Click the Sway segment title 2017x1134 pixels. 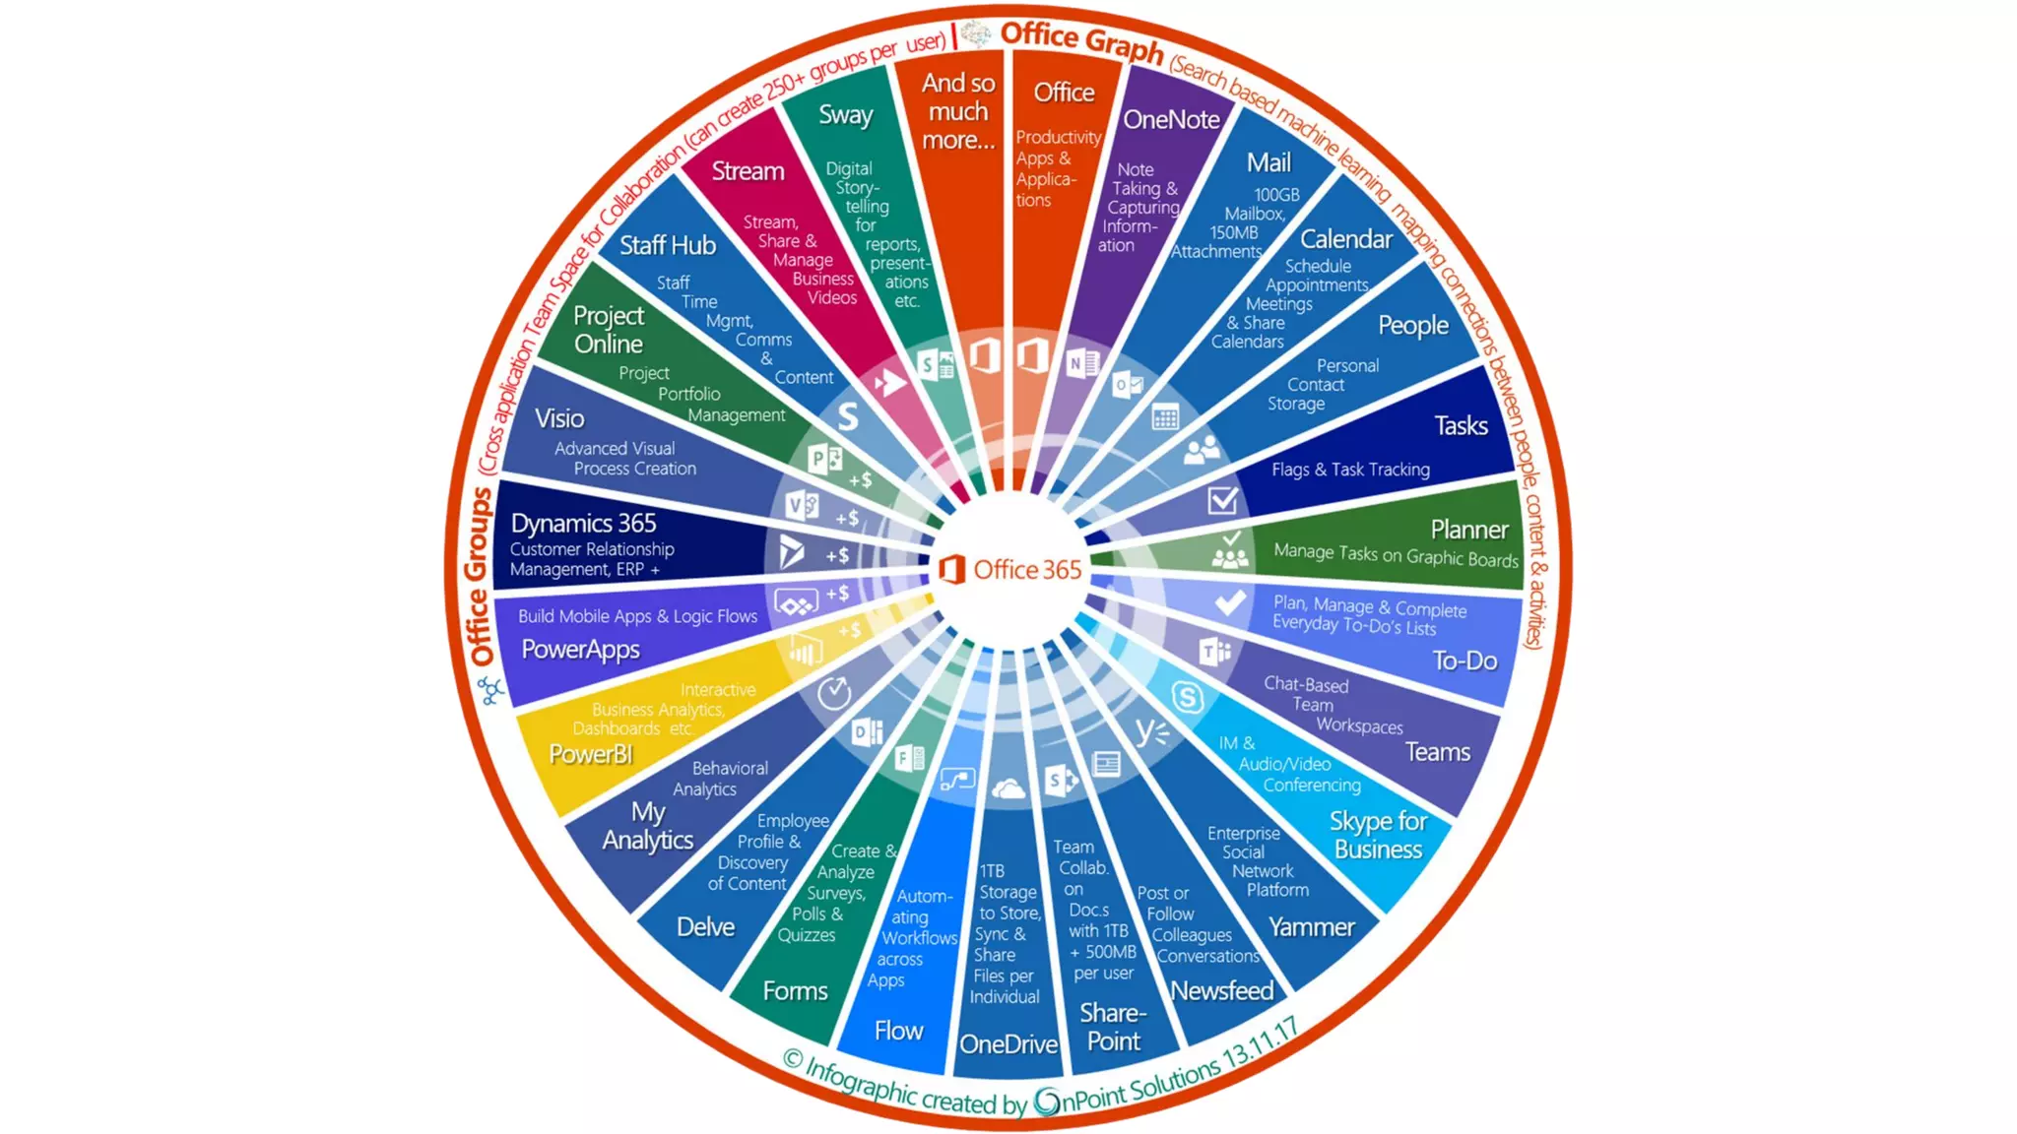pos(846,115)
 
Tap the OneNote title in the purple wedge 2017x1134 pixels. pos(1171,120)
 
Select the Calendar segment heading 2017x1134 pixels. pos(1345,239)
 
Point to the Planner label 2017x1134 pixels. pos(1468,530)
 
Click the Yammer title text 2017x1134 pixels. pos(1311,927)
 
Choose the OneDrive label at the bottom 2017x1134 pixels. pos(1008,1044)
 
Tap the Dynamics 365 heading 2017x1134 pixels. pos(583,523)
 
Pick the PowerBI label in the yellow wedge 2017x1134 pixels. pos(591,754)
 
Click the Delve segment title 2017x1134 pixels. pos(705,927)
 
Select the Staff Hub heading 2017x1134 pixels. pos(667,245)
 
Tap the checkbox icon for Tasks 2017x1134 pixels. pos(1222,500)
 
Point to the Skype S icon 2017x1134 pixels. pos(1188,698)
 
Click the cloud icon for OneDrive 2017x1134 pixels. pos(1008,788)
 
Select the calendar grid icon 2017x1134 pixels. pos(1165,418)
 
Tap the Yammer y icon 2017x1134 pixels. pos(1149,731)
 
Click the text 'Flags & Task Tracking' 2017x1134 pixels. pos(1350,470)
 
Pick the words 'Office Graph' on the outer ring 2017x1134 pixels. pos(1081,41)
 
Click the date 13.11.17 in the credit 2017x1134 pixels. pos(1261,1045)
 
